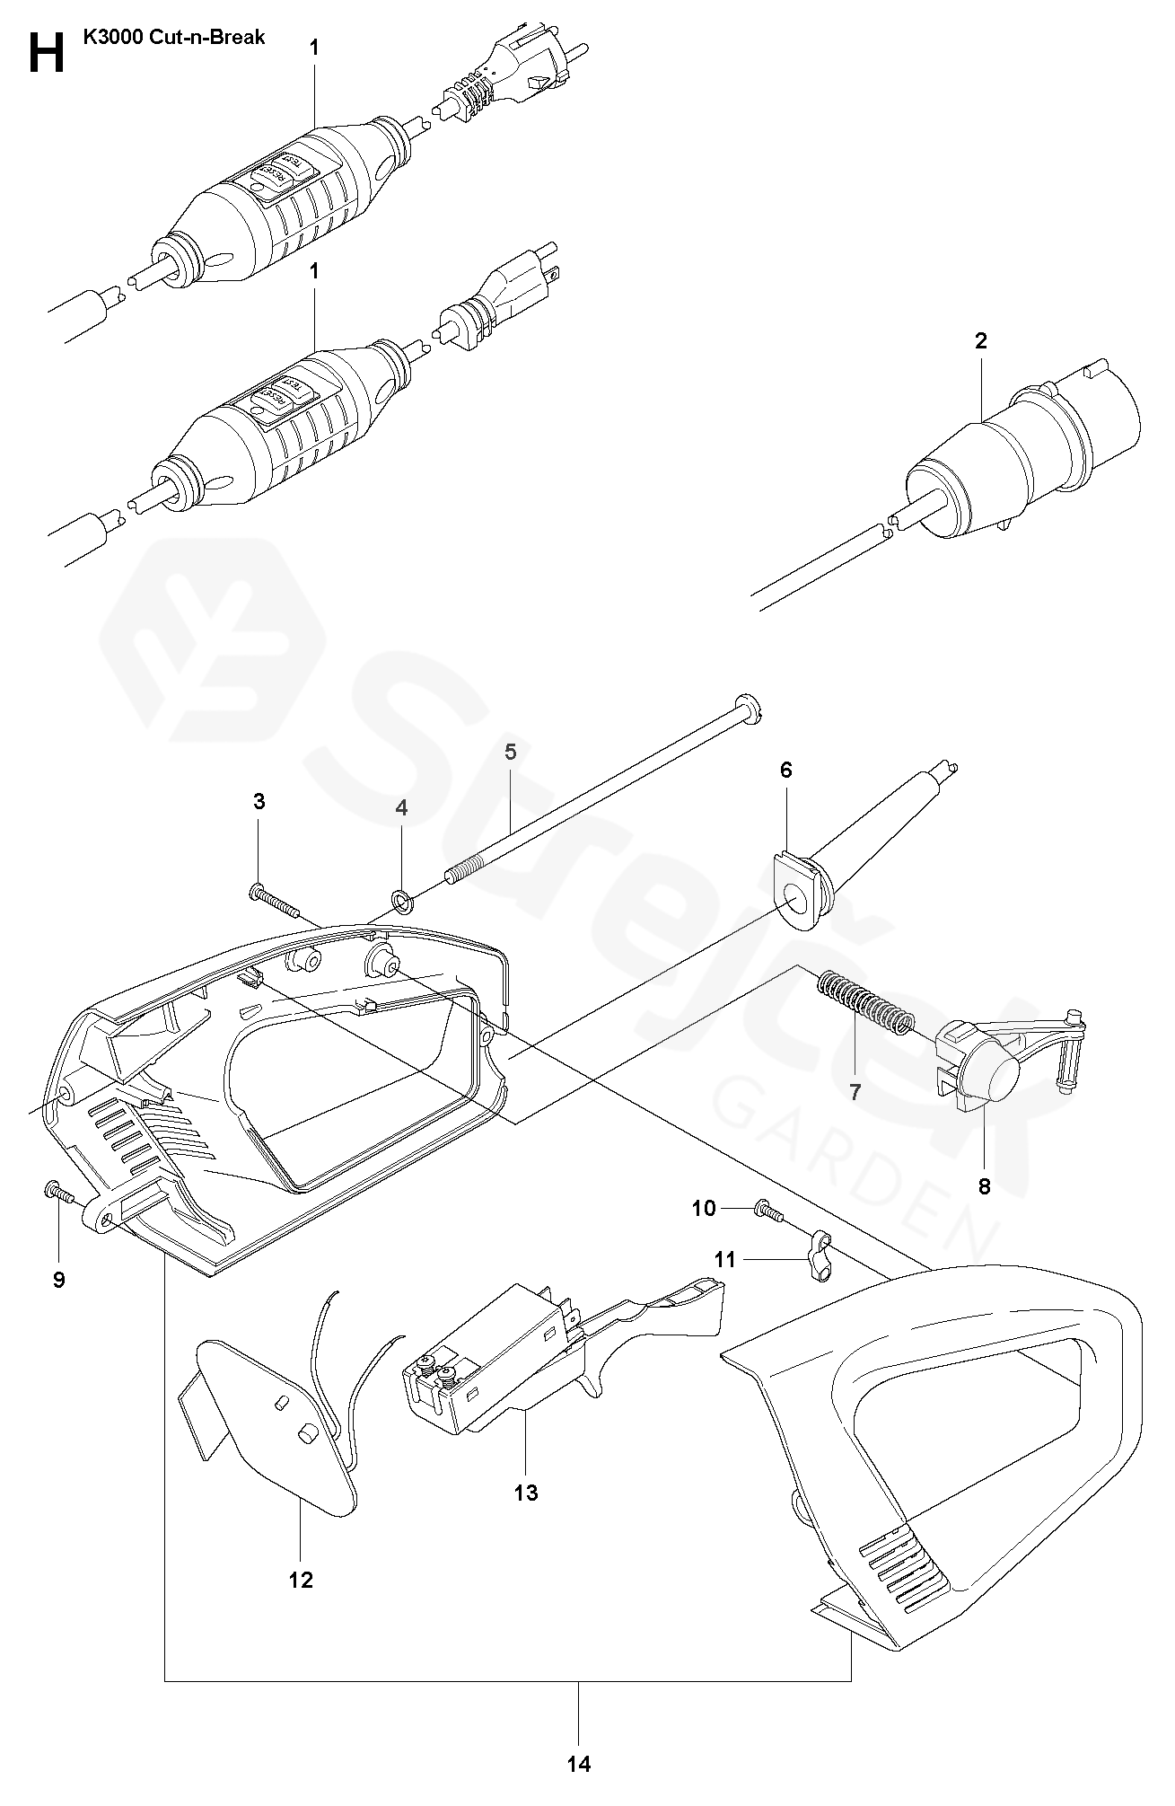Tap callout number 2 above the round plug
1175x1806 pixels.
click(x=980, y=340)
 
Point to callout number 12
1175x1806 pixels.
click(x=301, y=1579)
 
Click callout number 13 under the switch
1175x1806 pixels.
click(x=526, y=1492)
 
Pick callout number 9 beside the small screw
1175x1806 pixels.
click(x=59, y=1279)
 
